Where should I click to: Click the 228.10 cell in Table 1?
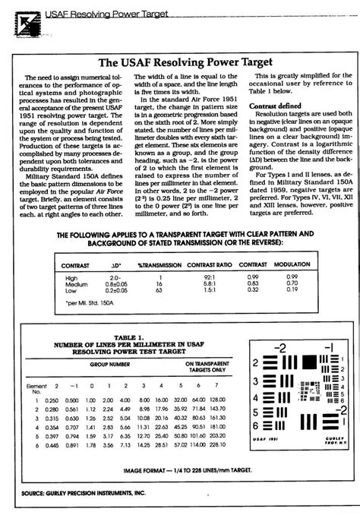tap(219, 445)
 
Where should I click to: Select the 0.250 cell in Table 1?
tap(52, 400)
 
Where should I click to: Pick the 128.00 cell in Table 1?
tap(219, 400)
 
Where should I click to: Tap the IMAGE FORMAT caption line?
tap(179, 470)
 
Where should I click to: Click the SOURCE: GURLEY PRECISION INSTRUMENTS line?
tap(80, 493)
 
